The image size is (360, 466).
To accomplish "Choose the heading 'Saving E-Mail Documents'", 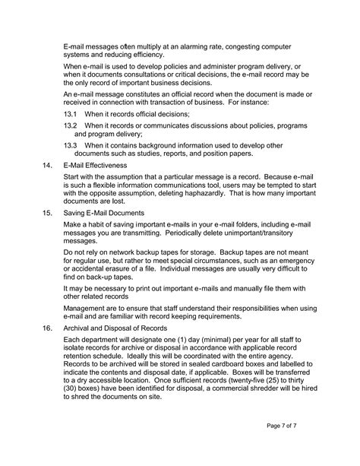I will coord(103,213).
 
